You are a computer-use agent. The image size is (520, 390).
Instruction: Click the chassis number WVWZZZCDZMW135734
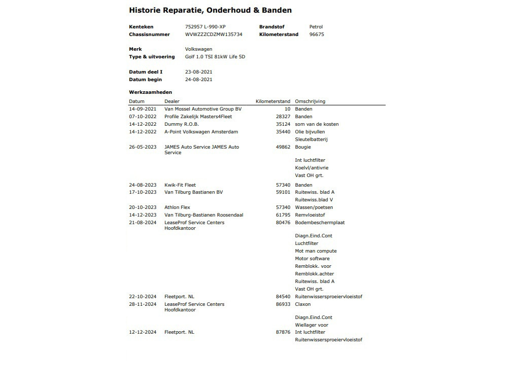coord(214,34)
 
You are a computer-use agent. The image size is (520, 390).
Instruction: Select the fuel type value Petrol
coord(316,27)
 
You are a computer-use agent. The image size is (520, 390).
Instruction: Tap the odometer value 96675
coord(317,34)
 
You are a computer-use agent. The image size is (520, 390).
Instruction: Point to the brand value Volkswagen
coord(198,49)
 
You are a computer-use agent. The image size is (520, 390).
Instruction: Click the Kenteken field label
coord(141,27)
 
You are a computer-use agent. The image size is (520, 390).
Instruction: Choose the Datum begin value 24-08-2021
coord(198,80)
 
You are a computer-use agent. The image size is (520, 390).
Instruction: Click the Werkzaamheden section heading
coord(150,92)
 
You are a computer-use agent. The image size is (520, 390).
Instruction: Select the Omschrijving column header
coord(310,101)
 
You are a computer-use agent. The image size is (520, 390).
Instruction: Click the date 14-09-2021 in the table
coord(143,109)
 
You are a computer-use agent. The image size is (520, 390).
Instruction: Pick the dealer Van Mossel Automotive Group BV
coord(203,109)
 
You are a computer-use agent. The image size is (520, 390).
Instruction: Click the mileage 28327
coord(283,117)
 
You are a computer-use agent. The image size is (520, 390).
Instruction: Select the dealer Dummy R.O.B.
coord(182,124)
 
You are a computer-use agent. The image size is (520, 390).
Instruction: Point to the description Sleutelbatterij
coord(311,139)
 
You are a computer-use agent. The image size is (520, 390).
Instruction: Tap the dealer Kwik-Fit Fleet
coord(180,185)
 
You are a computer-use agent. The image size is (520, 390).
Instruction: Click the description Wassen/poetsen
coord(314,207)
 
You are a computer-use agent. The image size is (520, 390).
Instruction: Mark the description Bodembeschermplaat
coord(320,223)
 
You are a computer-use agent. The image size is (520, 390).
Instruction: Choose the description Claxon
coord(303,304)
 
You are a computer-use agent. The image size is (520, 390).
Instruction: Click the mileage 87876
coord(283,332)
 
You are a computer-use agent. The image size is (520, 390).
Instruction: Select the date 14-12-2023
coord(143,215)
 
